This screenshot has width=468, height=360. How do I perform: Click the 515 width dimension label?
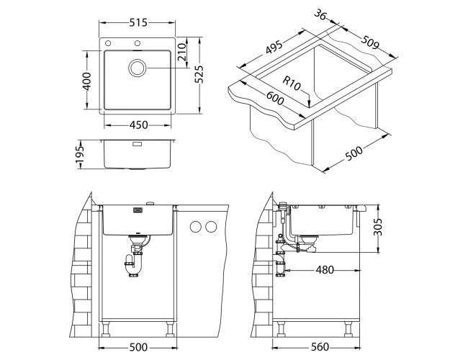coord(138,23)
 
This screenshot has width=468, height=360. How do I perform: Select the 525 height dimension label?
coord(199,74)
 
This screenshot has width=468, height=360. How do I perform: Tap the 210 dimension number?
coord(181,52)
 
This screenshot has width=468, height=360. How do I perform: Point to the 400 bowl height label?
coord(86,81)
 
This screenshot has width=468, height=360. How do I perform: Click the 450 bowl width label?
coord(138,125)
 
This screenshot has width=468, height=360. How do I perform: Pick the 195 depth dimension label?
coord(80,155)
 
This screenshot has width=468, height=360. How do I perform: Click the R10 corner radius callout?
coord(291,84)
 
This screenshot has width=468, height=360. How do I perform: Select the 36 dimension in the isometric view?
coord(320,14)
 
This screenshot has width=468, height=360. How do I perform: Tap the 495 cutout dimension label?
coord(274,48)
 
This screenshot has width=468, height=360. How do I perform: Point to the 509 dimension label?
coord(370,42)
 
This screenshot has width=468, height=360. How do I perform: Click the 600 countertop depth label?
coord(275,98)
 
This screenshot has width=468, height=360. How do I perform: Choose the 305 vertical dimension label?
coord(377,227)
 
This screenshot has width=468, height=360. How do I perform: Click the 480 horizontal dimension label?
coord(325,270)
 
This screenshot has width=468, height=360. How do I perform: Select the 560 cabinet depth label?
coord(320,347)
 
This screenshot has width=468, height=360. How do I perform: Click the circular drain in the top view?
coord(138,68)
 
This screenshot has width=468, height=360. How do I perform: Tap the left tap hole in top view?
coord(108,44)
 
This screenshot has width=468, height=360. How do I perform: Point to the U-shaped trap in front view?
coord(132,264)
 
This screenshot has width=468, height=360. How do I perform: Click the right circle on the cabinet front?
coord(211,228)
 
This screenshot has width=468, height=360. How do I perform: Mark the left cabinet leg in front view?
coord(106,328)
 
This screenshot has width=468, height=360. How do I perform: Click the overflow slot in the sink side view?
coord(138,143)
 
